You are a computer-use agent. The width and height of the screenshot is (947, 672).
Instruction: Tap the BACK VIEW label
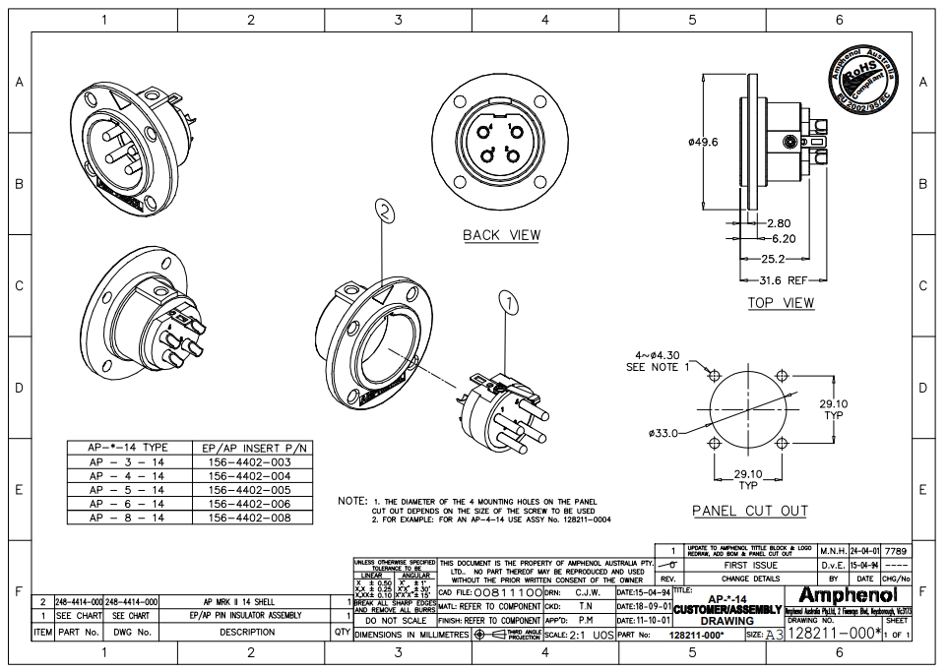(x=501, y=235)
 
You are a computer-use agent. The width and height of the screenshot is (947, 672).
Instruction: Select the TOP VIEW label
(x=781, y=303)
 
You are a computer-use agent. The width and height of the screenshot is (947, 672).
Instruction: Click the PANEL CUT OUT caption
(x=749, y=511)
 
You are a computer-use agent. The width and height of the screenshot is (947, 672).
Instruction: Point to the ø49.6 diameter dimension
(x=703, y=142)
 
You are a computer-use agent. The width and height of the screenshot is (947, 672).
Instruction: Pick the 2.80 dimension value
(x=778, y=223)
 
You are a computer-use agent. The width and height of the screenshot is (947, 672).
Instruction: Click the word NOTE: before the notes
(x=351, y=501)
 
